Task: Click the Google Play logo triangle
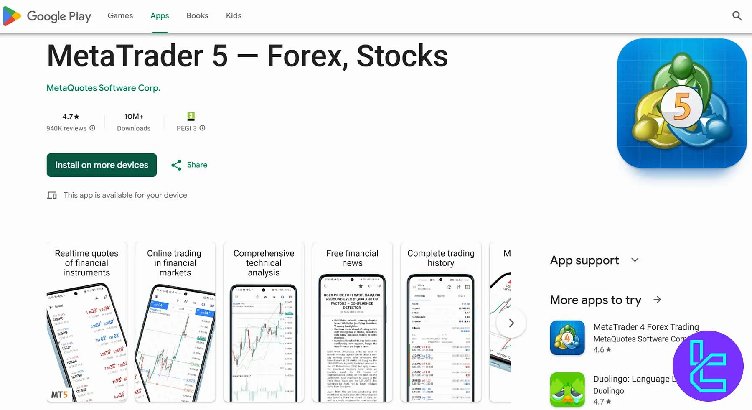[x=12, y=16]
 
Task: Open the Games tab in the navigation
[x=120, y=16]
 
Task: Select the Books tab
[x=197, y=16]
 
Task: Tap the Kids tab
[x=234, y=16]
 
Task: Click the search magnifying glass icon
[x=737, y=16]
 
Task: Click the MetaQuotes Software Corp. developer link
[x=103, y=88]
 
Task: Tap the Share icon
[x=176, y=165]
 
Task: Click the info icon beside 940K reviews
[x=92, y=128]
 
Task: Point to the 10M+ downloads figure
[x=134, y=117]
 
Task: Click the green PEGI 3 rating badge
[x=191, y=116]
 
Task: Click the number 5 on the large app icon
[x=682, y=107]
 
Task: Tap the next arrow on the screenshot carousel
[x=511, y=323]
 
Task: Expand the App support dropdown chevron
[x=635, y=260]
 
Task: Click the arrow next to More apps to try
[x=657, y=300]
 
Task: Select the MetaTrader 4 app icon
[x=567, y=338]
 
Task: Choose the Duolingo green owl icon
[x=567, y=390]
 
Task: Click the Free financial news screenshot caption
[x=352, y=258]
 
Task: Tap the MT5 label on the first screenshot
[x=59, y=395]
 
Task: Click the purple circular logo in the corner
[x=708, y=366]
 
